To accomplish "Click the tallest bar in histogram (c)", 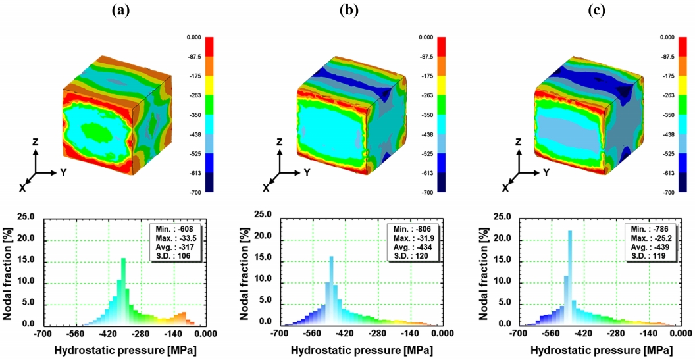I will [x=570, y=276].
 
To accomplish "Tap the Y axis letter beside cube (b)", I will [x=306, y=172].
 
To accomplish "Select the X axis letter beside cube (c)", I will [x=505, y=188].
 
